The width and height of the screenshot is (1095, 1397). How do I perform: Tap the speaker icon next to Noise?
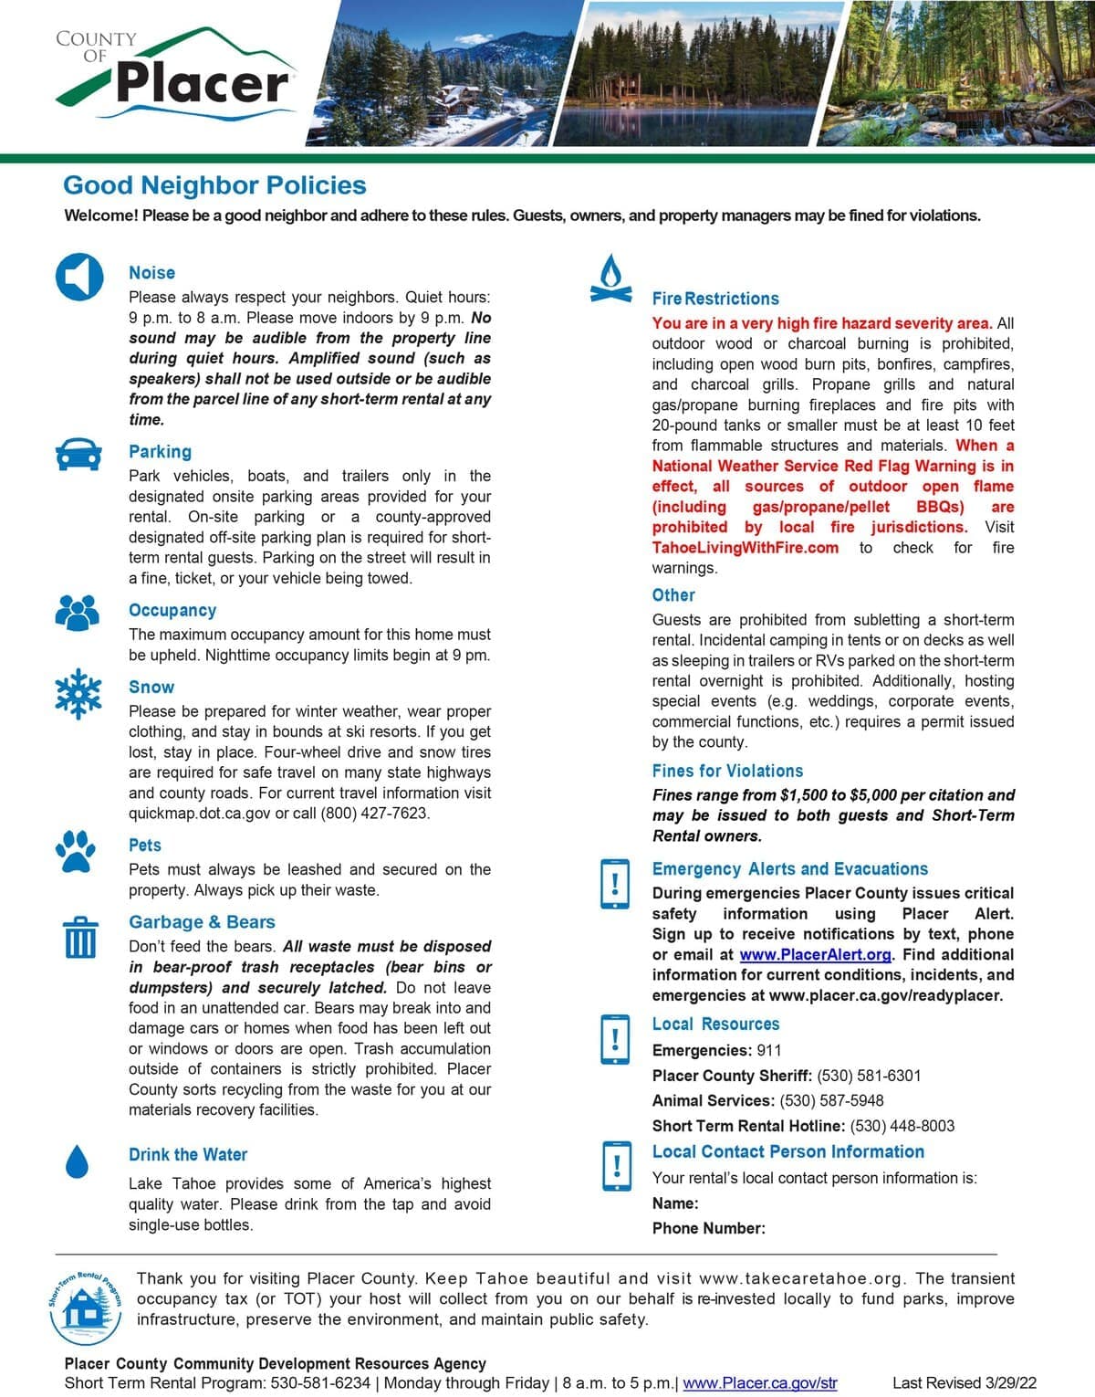[79, 276]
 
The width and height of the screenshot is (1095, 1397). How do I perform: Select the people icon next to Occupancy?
[78, 612]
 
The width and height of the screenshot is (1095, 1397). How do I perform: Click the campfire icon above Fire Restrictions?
[611, 278]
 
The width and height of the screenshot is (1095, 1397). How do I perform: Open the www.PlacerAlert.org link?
[815, 954]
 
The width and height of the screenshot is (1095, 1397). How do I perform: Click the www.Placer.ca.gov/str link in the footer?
[759, 1382]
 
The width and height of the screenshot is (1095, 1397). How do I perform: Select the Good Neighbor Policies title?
[214, 185]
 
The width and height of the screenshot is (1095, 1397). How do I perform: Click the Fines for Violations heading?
[727, 771]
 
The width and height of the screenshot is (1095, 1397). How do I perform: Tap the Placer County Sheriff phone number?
[869, 1076]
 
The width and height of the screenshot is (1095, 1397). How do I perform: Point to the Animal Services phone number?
[831, 1100]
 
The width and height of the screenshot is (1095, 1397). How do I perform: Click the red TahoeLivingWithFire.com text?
[745, 548]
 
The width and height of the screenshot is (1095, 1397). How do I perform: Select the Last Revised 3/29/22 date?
[964, 1382]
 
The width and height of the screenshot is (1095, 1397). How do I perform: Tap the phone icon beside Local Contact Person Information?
[617, 1166]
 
